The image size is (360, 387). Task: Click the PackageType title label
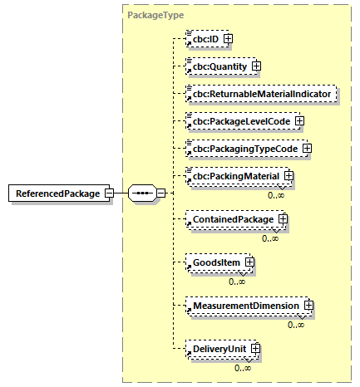click(155, 15)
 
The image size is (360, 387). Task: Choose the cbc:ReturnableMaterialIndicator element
click(261, 94)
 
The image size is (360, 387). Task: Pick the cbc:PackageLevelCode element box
click(236, 121)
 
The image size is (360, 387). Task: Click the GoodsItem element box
click(211, 263)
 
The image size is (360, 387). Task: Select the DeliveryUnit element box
click(215, 349)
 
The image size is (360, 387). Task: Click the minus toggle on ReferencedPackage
click(109, 193)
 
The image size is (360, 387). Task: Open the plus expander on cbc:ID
click(227, 38)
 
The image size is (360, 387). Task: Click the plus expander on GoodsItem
click(248, 263)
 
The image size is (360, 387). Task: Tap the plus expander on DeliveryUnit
click(255, 349)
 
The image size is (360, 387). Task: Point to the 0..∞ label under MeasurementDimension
click(295, 324)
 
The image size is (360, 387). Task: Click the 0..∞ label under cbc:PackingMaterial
click(275, 194)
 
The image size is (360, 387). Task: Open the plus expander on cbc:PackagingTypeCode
click(306, 149)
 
